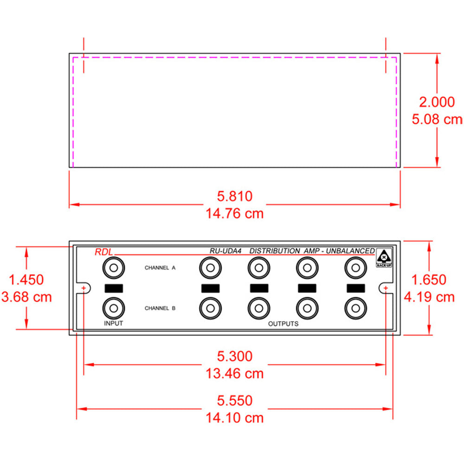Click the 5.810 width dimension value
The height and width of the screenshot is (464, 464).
(235, 196)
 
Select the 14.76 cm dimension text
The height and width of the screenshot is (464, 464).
(235, 214)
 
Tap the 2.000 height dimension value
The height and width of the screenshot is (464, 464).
(437, 102)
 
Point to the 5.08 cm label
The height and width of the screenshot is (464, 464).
(437, 119)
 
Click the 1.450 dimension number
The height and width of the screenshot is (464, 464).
(26, 279)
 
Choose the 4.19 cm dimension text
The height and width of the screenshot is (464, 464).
(429, 296)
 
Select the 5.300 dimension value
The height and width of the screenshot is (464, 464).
(235, 356)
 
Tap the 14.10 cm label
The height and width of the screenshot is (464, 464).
(235, 418)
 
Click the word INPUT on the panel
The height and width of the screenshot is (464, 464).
(113, 323)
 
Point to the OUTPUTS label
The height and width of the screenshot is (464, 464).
(283, 323)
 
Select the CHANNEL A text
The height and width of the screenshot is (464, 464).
(160, 268)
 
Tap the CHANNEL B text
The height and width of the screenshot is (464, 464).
(160, 308)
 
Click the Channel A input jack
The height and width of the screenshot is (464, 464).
(114, 268)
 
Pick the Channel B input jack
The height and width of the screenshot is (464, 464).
(114, 307)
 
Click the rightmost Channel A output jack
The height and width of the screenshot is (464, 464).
(355, 268)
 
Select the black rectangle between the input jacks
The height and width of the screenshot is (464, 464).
(114, 288)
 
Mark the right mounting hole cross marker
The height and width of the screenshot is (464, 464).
(386, 288)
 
